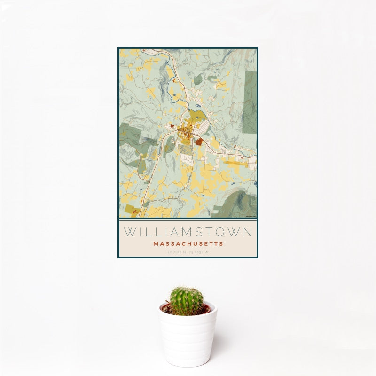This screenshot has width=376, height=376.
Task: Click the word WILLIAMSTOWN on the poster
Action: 188,232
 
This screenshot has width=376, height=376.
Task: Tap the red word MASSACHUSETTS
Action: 188,244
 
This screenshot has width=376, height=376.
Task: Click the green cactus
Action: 187,301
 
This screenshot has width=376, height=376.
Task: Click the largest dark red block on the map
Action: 199,141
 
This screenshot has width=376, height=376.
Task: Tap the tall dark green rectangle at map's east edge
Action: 250,102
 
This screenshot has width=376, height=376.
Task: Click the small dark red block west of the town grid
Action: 172,126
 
